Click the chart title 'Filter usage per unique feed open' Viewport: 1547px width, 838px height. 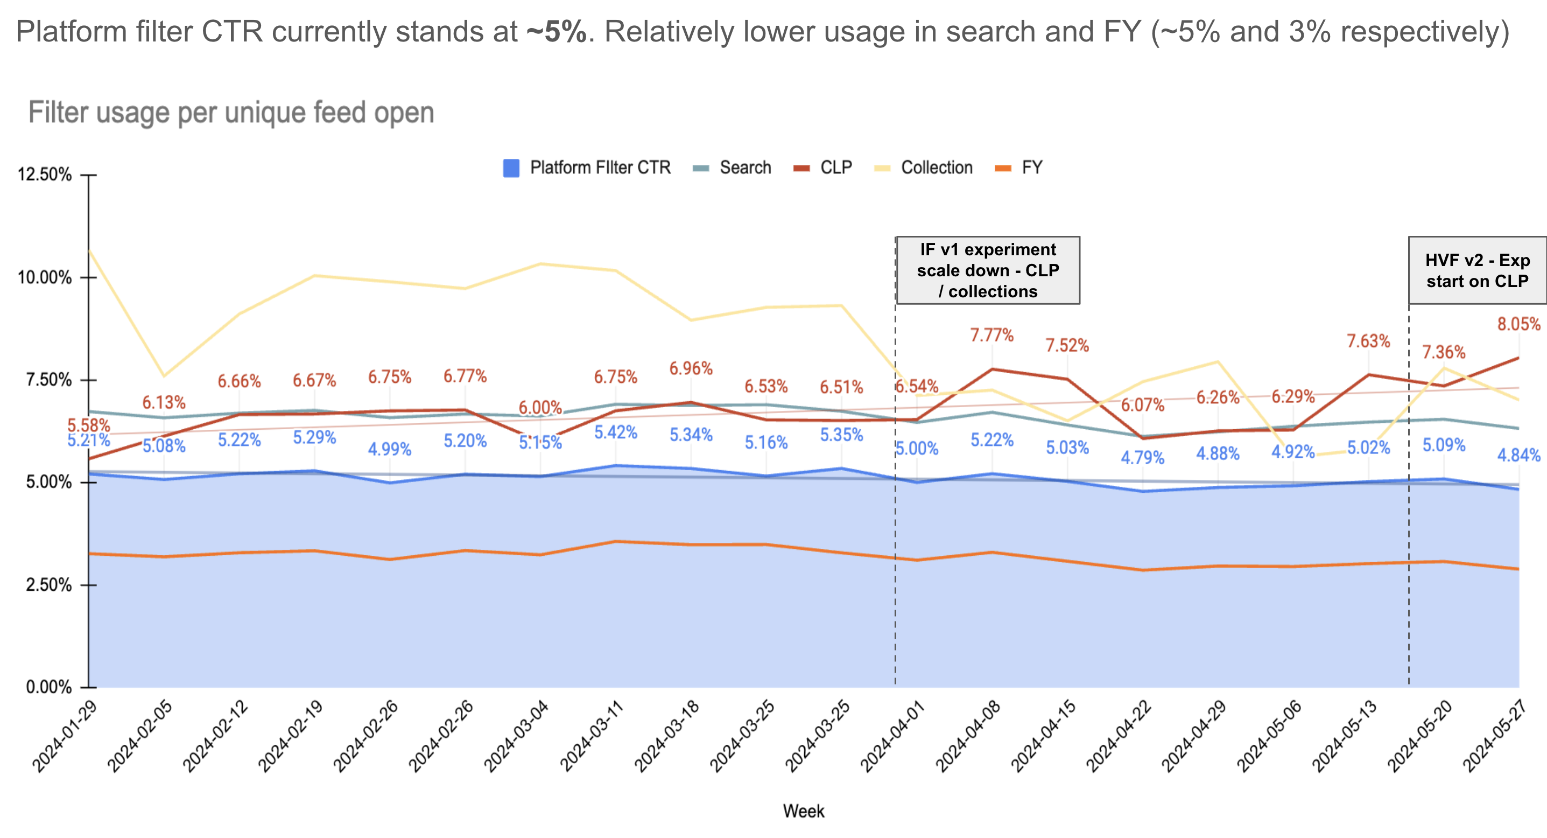coord(231,113)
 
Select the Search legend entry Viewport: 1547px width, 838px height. coord(744,167)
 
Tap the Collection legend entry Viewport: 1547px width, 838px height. coord(936,167)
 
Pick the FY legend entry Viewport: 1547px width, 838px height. coord(1031,167)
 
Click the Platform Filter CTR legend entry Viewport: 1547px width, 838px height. coord(599,167)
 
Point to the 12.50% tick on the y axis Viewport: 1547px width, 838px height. coord(45,175)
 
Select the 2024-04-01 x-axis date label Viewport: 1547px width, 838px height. coord(893,736)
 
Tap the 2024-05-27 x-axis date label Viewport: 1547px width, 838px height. coord(1495,736)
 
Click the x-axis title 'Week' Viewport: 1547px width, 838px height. coord(803,811)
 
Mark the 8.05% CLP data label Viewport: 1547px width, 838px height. coord(1518,324)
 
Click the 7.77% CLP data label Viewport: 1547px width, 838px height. coord(992,335)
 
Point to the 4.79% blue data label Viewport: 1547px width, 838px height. coord(1142,458)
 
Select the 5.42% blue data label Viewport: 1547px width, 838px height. coord(616,432)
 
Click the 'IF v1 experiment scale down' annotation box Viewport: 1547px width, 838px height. coord(988,270)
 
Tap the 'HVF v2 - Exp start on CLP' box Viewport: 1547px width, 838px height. coord(1478,270)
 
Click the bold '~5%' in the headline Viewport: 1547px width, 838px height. coord(556,32)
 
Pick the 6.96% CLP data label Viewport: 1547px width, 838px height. coord(691,368)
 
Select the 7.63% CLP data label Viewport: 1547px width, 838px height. coord(1368,341)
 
